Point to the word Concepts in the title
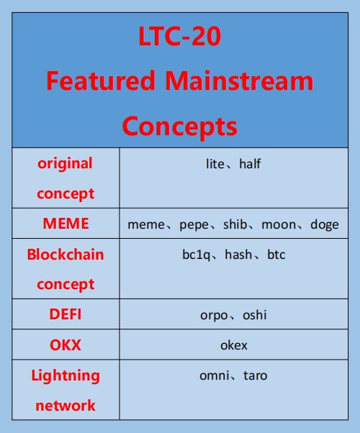pos(180,126)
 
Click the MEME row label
pos(66,223)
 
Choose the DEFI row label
pos(66,314)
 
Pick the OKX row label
pos(66,345)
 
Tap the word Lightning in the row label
pos(66,375)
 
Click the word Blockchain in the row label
pos(66,255)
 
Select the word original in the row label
pos(66,163)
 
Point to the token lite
pos(215,164)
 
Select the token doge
pos(324,224)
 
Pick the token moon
pos(278,224)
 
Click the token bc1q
pos(197,255)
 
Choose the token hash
pos(238,255)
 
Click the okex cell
pos(233,345)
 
